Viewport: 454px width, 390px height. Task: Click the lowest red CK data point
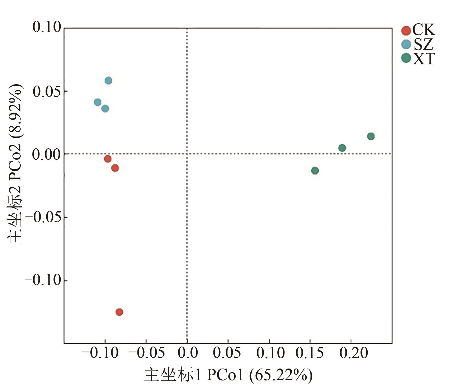point(119,312)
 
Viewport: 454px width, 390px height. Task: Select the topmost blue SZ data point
point(108,81)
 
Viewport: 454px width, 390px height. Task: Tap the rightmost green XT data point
point(371,136)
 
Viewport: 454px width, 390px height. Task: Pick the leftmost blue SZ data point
point(97,102)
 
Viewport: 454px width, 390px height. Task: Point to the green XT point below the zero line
point(315,171)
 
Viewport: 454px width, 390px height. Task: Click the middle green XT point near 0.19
point(342,148)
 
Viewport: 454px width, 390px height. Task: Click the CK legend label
point(424,30)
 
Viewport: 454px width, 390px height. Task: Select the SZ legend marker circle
point(406,44)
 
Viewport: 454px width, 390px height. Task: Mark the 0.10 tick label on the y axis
point(47,27)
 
